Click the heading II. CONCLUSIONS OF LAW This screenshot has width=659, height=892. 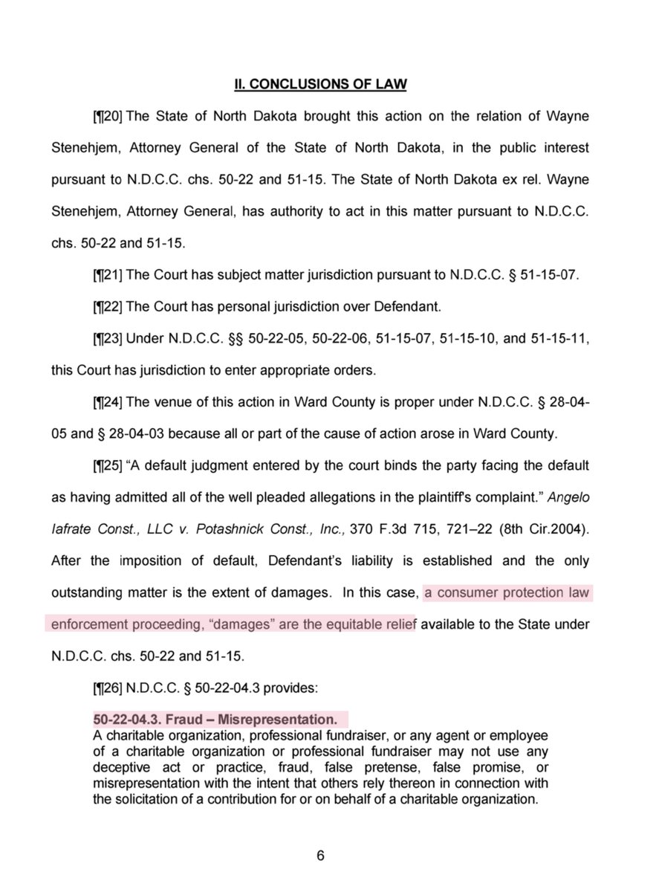coord(321,85)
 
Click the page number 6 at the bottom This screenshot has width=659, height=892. coord(321,855)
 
